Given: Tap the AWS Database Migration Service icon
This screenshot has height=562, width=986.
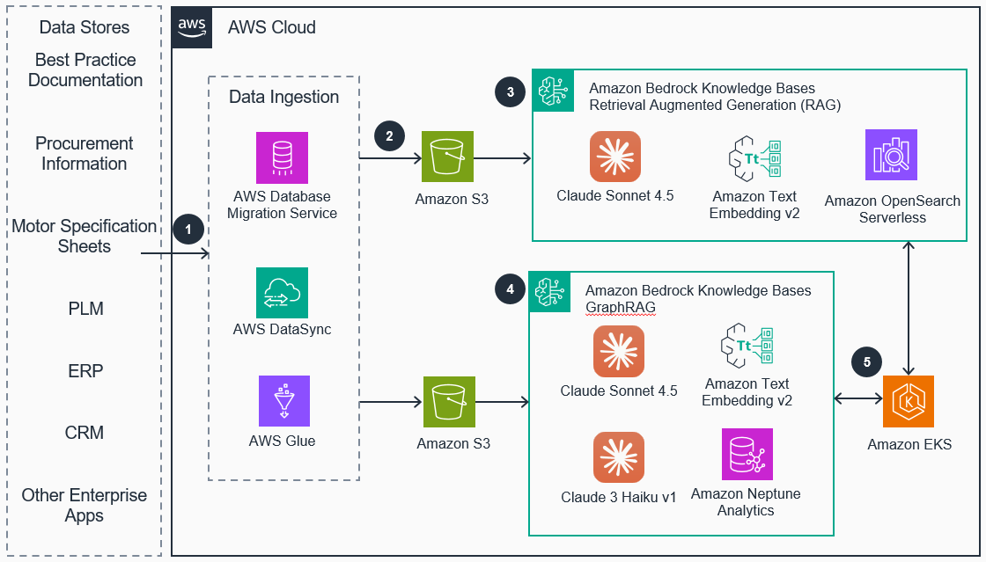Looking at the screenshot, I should [x=282, y=157].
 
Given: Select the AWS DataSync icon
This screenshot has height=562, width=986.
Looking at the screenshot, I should [x=282, y=293].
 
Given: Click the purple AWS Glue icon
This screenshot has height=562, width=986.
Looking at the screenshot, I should [x=283, y=401].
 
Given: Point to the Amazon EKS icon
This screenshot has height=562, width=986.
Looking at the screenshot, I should [x=909, y=401].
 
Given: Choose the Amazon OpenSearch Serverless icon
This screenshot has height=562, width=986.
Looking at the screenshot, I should [x=891, y=156].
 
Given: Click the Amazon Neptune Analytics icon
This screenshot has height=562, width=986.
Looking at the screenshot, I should [x=747, y=454].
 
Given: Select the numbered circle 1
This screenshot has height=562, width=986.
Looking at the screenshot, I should [x=187, y=230].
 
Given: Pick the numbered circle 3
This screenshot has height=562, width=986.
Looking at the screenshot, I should [x=510, y=92].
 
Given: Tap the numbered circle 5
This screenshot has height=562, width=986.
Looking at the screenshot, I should [x=866, y=361].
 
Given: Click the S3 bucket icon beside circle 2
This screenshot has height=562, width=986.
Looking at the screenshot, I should [x=447, y=157].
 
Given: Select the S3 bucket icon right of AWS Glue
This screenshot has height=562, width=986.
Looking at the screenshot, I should [x=449, y=402].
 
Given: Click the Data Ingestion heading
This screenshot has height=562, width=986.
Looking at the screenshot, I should [x=283, y=97].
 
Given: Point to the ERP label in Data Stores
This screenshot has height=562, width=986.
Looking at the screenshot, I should [x=85, y=371].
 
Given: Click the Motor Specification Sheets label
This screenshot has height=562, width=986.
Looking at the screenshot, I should [x=85, y=237].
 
